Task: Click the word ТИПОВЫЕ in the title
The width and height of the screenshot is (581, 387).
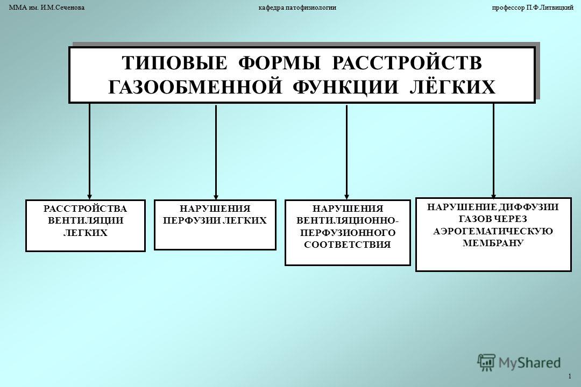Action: (x=174, y=63)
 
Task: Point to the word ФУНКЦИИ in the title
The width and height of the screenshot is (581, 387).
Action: (x=345, y=88)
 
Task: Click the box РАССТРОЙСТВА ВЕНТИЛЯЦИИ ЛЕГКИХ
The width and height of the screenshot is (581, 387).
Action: (x=85, y=226)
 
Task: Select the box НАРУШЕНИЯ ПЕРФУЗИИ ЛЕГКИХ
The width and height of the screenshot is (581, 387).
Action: (x=215, y=225)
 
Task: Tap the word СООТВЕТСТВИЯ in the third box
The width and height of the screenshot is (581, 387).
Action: (x=348, y=245)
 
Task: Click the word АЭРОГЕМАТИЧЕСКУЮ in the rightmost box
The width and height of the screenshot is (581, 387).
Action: (x=493, y=231)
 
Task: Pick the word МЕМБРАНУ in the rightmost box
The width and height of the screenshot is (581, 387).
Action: (x=493, y=243)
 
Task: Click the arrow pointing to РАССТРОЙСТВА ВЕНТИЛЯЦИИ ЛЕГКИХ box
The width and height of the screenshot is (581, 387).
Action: (x=89, y=152)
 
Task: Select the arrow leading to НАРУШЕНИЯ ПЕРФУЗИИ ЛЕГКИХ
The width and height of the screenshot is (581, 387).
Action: (x=216, y=152)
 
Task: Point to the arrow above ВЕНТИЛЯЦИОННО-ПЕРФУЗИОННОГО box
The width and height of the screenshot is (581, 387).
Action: (x=347, y=152)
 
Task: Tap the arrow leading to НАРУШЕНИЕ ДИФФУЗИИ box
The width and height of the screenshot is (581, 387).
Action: (x=493, y=151)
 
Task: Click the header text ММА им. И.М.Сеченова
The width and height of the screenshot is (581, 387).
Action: (x=47, y=8)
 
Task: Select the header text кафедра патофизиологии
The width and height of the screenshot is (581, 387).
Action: (x=297, y=8)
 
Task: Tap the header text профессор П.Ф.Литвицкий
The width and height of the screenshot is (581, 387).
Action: (x=533, y=8)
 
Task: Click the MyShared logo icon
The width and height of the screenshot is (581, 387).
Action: (x=486, y=363)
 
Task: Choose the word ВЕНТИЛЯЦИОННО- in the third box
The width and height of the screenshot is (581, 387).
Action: (x=348, y=220)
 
